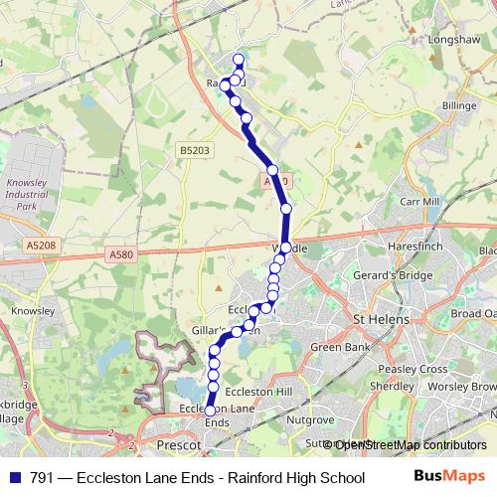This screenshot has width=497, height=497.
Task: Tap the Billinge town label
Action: [x=460, y=105]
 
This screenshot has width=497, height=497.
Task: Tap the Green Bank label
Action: [x=340, y=348]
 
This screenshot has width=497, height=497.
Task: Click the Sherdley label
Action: [x=391, y=386]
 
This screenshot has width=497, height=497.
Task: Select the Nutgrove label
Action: [x=312, y=420]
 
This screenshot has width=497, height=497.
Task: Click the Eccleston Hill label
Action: [x=259, y=393]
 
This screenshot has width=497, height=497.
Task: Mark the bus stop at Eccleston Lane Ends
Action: [x=210, y=411]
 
